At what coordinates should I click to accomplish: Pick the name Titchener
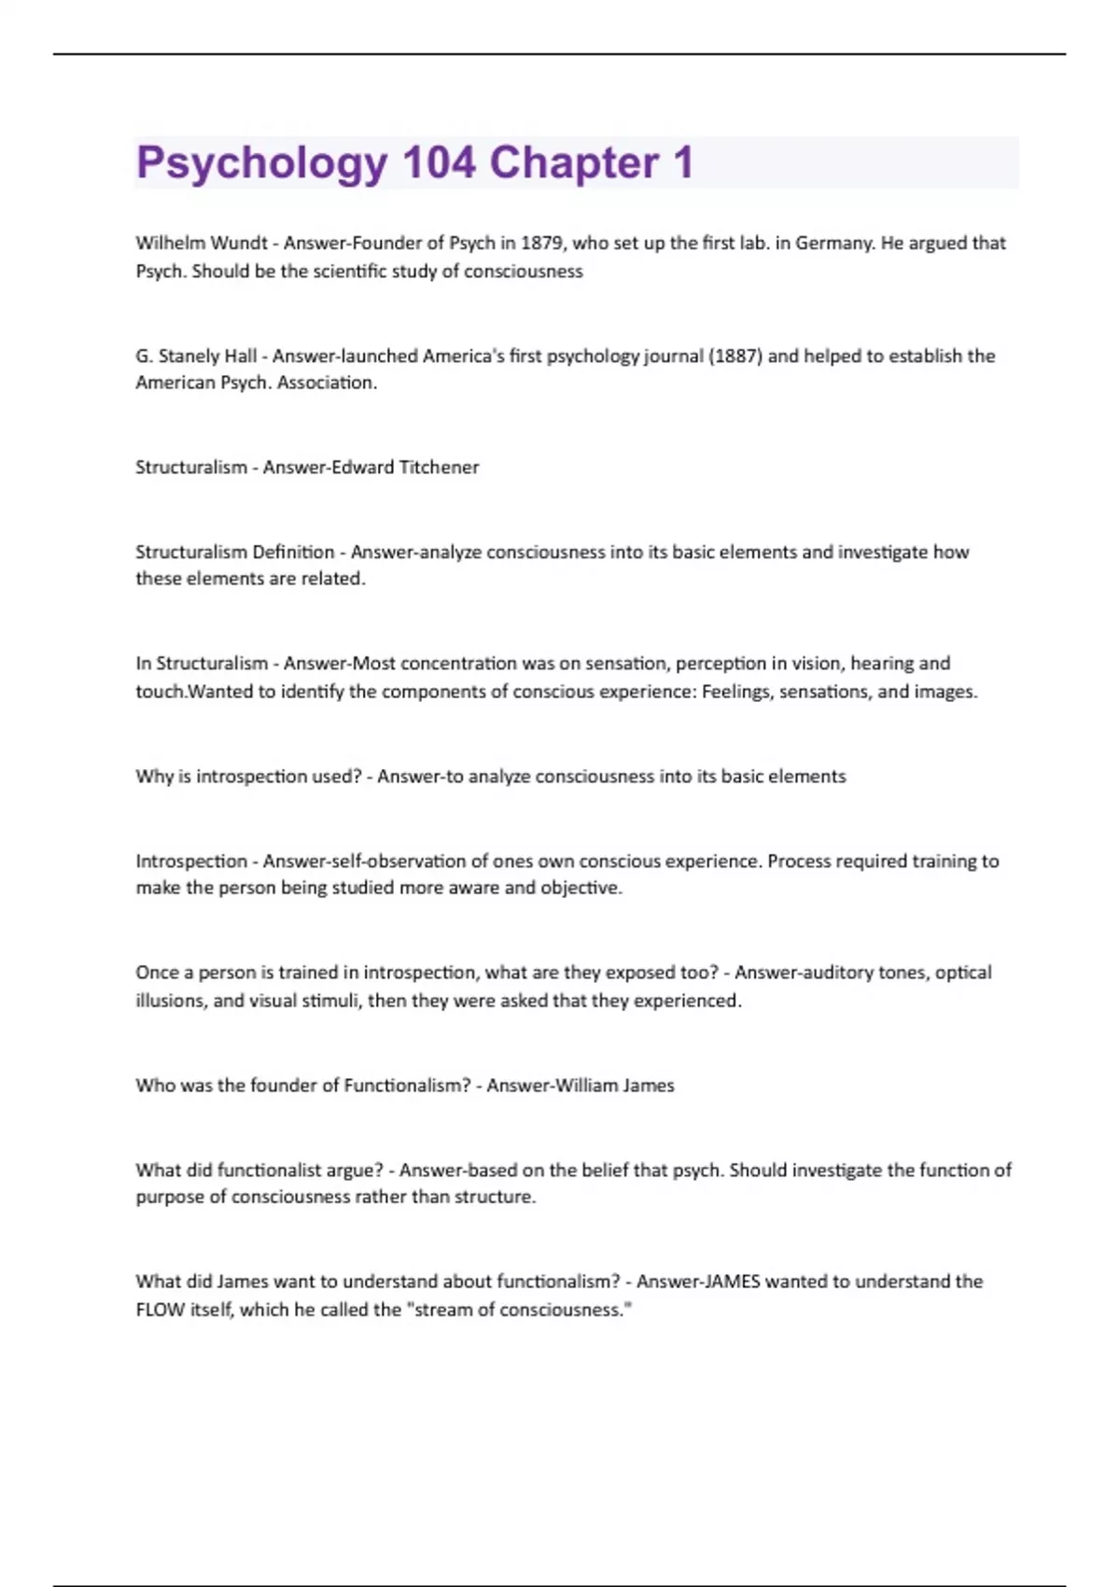tap(439, 468)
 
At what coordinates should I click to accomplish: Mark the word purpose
tap(170, 1198)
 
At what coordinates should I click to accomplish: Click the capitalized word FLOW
tap(161, 1310)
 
